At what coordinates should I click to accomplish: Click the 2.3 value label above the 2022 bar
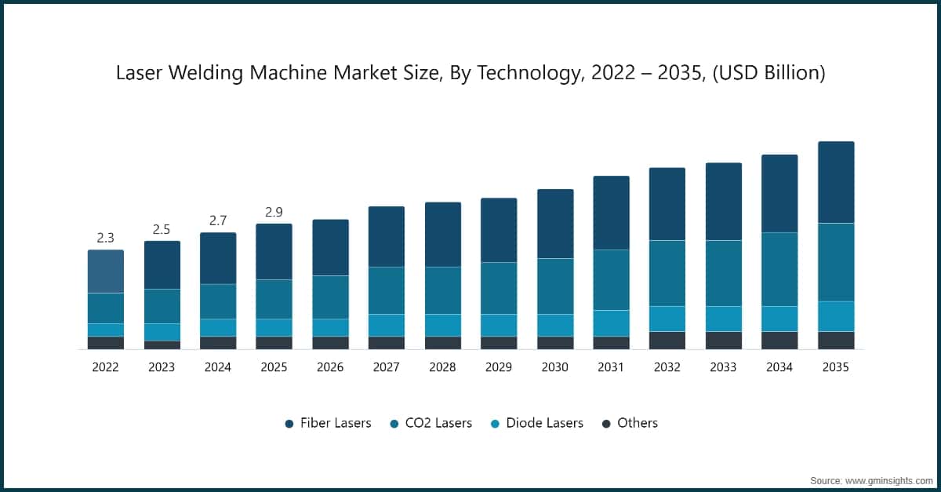pos(105,238)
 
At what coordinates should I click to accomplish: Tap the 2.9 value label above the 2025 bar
pos(274,212)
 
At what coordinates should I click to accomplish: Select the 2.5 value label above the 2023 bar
pos(162,229)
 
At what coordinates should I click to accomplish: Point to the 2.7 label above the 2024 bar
pos(218,220)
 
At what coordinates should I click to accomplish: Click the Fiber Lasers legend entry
pos(328,423)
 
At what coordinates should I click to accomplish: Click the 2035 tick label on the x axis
pos(836,366)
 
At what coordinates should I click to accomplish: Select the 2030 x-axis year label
pos(554,366)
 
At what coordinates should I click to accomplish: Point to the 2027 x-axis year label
pos(386,366)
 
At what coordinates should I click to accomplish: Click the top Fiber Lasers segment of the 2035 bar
pos(836,182)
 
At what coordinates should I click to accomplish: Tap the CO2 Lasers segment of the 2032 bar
pos(667,273)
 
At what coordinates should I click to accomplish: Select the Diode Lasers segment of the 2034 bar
pos(779,319)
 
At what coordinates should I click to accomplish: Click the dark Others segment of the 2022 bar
pos(105,342)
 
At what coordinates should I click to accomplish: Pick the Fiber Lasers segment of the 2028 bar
pos(442,234)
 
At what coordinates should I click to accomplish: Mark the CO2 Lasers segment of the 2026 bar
pos(330,297)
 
